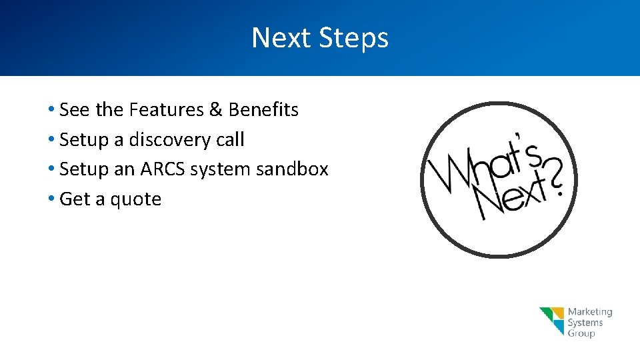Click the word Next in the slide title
point(281,38)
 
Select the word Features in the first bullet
point(167,109)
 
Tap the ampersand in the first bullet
point(216,109)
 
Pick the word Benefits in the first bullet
point(263,109)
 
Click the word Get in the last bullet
point(74,199)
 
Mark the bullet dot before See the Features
point(51,109)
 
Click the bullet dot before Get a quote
point(51,199)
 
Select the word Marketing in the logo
point(589,312)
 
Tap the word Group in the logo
point(581,333)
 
